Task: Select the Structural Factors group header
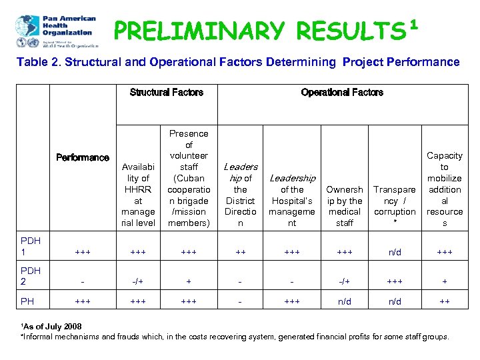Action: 167,93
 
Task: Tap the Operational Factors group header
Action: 342,93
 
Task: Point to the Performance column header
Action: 83,158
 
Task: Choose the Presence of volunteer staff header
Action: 189,178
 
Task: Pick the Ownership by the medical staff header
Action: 345,206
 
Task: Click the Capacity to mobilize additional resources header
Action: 445,189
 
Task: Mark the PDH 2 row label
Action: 30,276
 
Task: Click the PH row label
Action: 27,301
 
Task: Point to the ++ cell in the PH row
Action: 445,301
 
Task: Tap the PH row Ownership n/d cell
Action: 345,301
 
